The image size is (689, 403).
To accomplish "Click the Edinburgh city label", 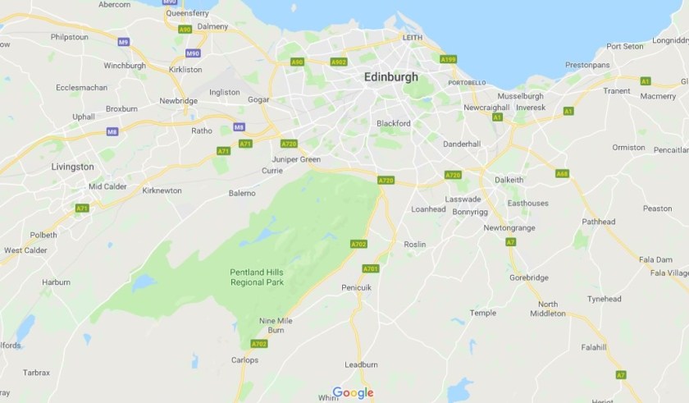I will tap(390, 77).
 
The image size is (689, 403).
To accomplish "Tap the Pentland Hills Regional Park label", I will tap(257, 277).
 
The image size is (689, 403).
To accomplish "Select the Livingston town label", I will tap(72, 167).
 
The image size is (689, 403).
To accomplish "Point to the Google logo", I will tap(353, 393).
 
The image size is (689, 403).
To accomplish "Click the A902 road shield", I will tap(339, 62).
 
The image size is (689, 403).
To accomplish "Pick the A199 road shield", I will tap(448, 59).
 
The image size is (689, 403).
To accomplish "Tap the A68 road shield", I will tap(562, 173).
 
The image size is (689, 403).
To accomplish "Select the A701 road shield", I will tap(371, 268).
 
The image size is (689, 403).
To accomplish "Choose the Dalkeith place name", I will tap(509, 179).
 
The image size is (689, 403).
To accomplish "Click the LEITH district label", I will tap(412, 39).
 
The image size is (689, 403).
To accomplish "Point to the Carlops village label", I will tap(244, 360).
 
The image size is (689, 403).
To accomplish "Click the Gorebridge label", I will tap(529, 278).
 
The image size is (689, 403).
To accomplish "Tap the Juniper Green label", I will tap(296, 159).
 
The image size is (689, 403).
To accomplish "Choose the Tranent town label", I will tap(617, 91).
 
